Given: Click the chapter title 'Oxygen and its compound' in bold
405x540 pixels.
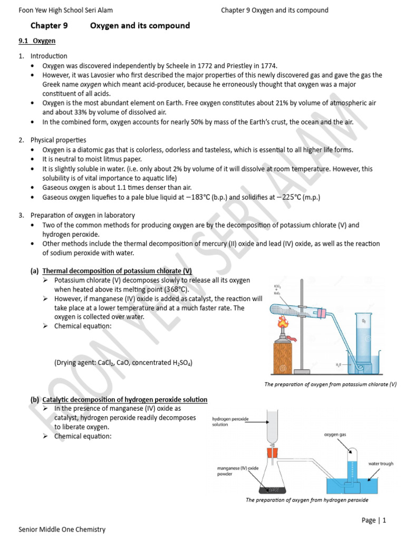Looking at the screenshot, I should point(140,26).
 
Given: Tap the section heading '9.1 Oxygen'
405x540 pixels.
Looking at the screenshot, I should point(37,41).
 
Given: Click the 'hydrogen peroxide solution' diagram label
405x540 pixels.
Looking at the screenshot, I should point(232,421).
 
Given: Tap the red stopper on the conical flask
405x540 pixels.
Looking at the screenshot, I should point(272,452).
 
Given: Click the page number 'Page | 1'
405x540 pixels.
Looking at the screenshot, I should point(374,520).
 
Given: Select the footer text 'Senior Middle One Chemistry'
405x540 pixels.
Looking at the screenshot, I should point(62,529).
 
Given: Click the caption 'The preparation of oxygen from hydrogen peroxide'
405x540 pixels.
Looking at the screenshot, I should point(307,500).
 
